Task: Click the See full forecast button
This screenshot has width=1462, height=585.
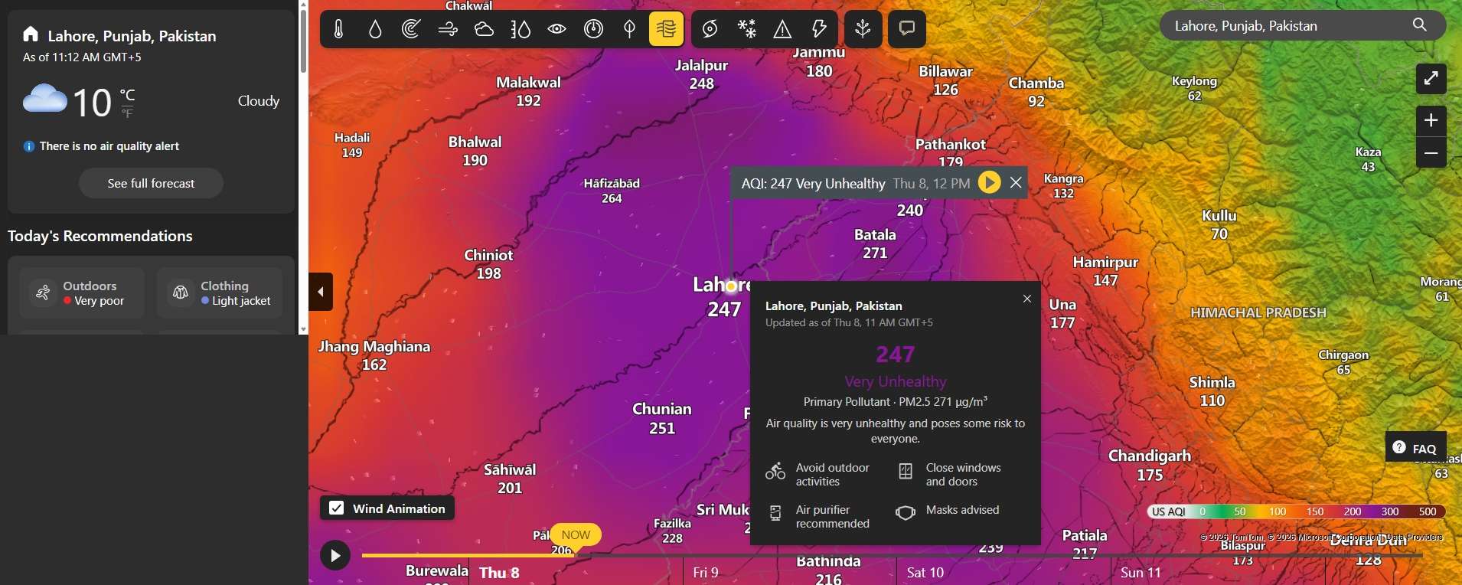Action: point(151,184)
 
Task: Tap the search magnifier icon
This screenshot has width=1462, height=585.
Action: point(1419,25)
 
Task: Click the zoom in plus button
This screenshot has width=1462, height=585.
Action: point(1431,121)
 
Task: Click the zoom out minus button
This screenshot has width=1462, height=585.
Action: point(1431,153)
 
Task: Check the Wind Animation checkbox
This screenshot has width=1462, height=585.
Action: point(336,508)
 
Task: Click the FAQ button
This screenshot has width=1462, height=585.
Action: point(1415,448)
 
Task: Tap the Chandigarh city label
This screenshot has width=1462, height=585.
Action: point(1149,456)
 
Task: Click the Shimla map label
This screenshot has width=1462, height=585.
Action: point(1212,383)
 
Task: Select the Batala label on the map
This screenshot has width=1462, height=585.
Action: point(875,235)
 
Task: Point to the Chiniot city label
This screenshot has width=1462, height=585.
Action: point(488,256)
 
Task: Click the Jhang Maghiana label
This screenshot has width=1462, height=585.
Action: point(374,347)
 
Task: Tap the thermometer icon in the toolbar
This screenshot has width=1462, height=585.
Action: point(338,29)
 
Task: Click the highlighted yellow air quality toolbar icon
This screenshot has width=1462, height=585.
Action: point(666,29)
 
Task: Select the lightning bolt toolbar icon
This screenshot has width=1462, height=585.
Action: point(819,29)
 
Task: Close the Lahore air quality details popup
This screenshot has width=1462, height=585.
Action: point(1027,299)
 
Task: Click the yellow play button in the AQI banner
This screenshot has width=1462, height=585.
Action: point(989,182)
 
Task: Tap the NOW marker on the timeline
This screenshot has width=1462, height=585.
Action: point(576,534)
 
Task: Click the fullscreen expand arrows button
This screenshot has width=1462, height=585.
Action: point(1431,79)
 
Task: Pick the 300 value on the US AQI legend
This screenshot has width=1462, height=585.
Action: point(1389,511)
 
